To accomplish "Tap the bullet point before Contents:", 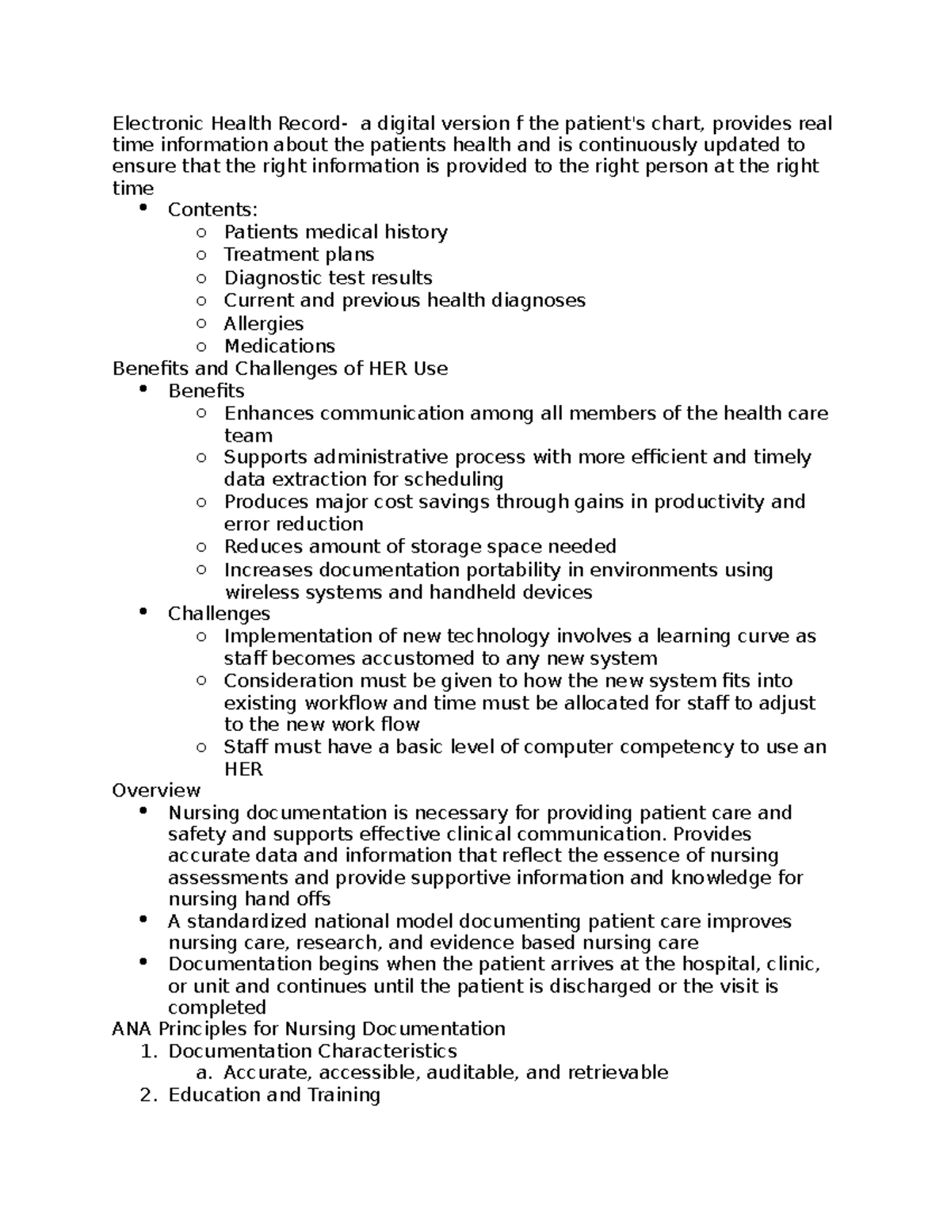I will pyautogui.click(x=143, y=208).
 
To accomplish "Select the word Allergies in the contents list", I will pyautogui.click(x=263, y=323).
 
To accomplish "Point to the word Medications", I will pyautogui.click(x=279, y=346).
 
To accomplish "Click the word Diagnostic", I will pyautogui.click(x=269, y=278).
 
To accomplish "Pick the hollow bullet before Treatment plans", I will pyautogui.click(x=201, y=255).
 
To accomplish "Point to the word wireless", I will pyautogui.click(x=257, y=593).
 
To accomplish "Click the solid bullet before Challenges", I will pyautogui.click(x=143, y=612).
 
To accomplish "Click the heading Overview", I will pyautogui.click(x=156, y=791).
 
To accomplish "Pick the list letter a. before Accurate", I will pyautogui.click(x=204, y=1074).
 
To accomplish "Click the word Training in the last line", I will pyautogui.click(x=343, y=1095).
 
